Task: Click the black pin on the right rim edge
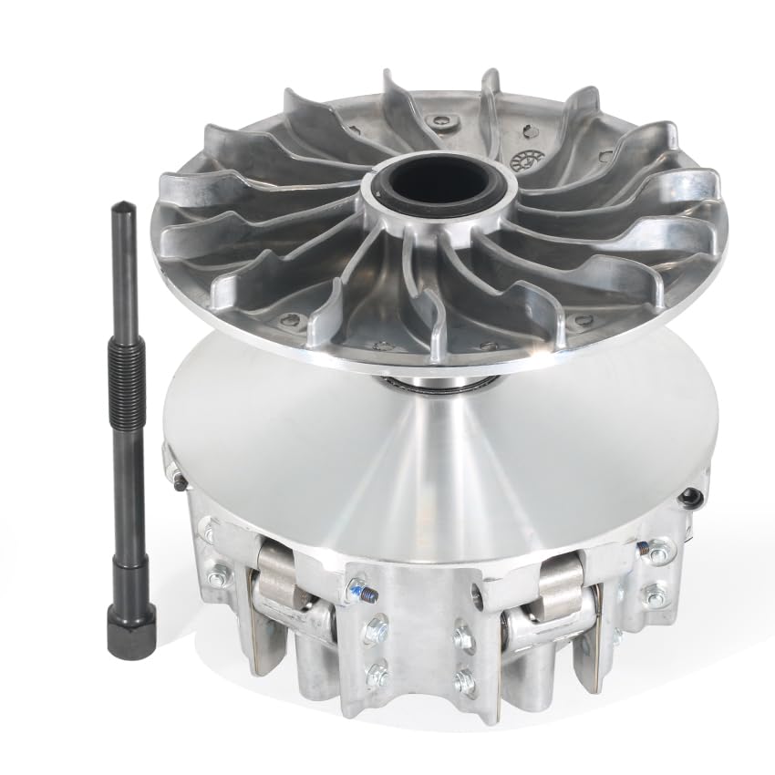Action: click(692, 496)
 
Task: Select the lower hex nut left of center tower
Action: click(375, 676)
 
